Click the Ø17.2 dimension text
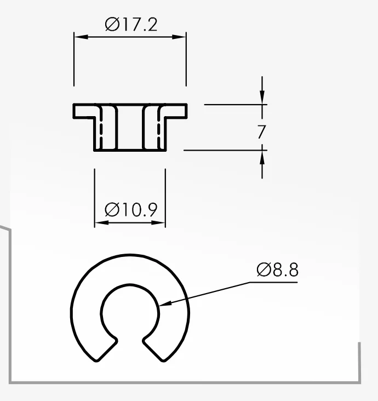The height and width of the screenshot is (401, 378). pos(131,25)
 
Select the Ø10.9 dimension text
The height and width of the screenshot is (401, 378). pos(131,210)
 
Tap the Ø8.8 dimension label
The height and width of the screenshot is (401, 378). pos(278,270)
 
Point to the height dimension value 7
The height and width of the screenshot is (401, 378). pos(261,131)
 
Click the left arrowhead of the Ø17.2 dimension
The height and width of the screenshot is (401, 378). pos(81,37)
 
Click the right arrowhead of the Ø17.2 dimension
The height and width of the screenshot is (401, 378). pos(179,37)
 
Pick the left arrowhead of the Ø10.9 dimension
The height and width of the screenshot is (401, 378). pos(101,223)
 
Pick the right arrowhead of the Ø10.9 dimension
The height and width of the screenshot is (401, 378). pos(158,223)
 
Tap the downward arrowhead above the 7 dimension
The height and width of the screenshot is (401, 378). pos(262,97)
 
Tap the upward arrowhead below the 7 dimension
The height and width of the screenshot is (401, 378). pos(262,158)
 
